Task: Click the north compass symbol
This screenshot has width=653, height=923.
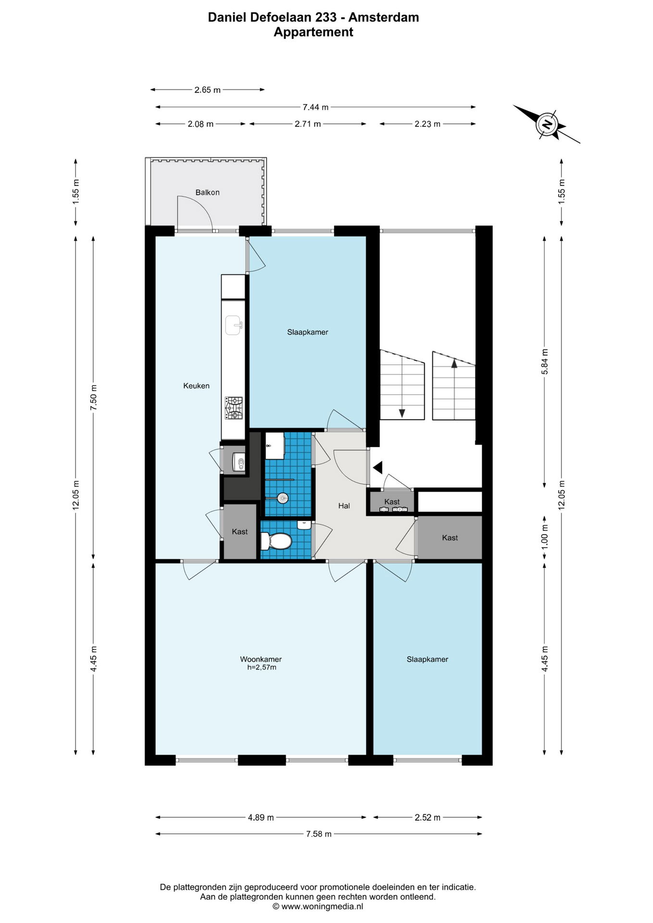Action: click(x=547, y=124)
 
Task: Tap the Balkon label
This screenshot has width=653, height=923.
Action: click(x=207, y=192)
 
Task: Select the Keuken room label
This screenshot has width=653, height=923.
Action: click(x=196, y=386)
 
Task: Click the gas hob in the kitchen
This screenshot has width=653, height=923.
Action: click(x=234, y=408)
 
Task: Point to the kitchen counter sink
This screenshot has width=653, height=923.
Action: click(x=234, y=325)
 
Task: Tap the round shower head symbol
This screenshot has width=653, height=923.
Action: click(x=283, y=498)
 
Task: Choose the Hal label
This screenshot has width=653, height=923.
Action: click(x=344, y=506)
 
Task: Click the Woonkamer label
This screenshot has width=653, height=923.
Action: click(x=261, y=659)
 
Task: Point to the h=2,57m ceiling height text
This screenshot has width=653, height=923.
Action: click(x=262, y=667)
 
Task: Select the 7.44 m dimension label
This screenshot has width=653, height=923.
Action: click(x=315, y=107)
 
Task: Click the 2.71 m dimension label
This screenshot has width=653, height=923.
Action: click(x=308, y=124)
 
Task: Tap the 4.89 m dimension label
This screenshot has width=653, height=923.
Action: click(x=261, y=817)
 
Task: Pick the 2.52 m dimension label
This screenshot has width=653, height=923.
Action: click(x=427, y=817)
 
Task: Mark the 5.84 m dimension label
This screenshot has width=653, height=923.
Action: click(x=544, y=362)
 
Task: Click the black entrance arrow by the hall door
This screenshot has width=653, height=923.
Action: click(x=377, y=467)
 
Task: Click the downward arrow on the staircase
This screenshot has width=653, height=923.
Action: click(x=402, y=413)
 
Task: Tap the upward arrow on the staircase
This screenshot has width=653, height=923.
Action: click(x=454, y=363)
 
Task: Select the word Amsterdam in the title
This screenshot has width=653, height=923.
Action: click(x=384, y=17)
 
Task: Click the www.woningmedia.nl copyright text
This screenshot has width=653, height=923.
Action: click(x=318, y=907)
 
